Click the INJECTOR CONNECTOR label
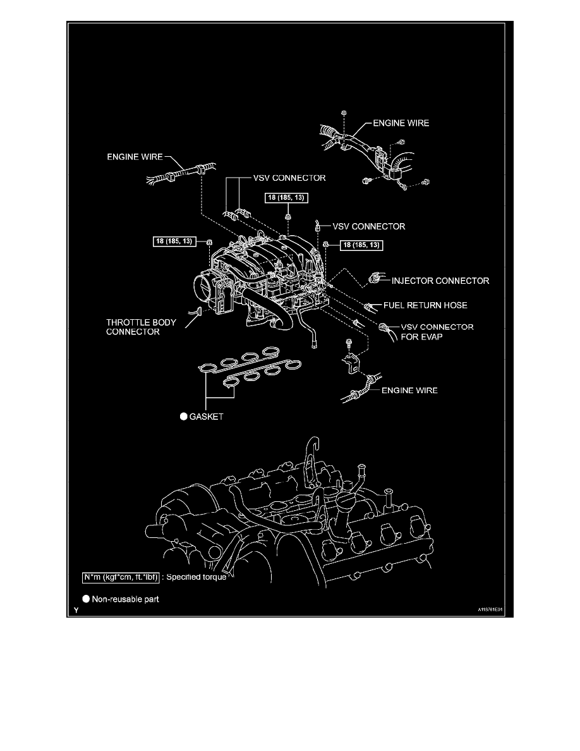(440, 280)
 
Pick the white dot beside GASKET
(182, 417)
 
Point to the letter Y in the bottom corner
(75, 611)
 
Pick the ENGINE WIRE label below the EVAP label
(409, 391)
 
